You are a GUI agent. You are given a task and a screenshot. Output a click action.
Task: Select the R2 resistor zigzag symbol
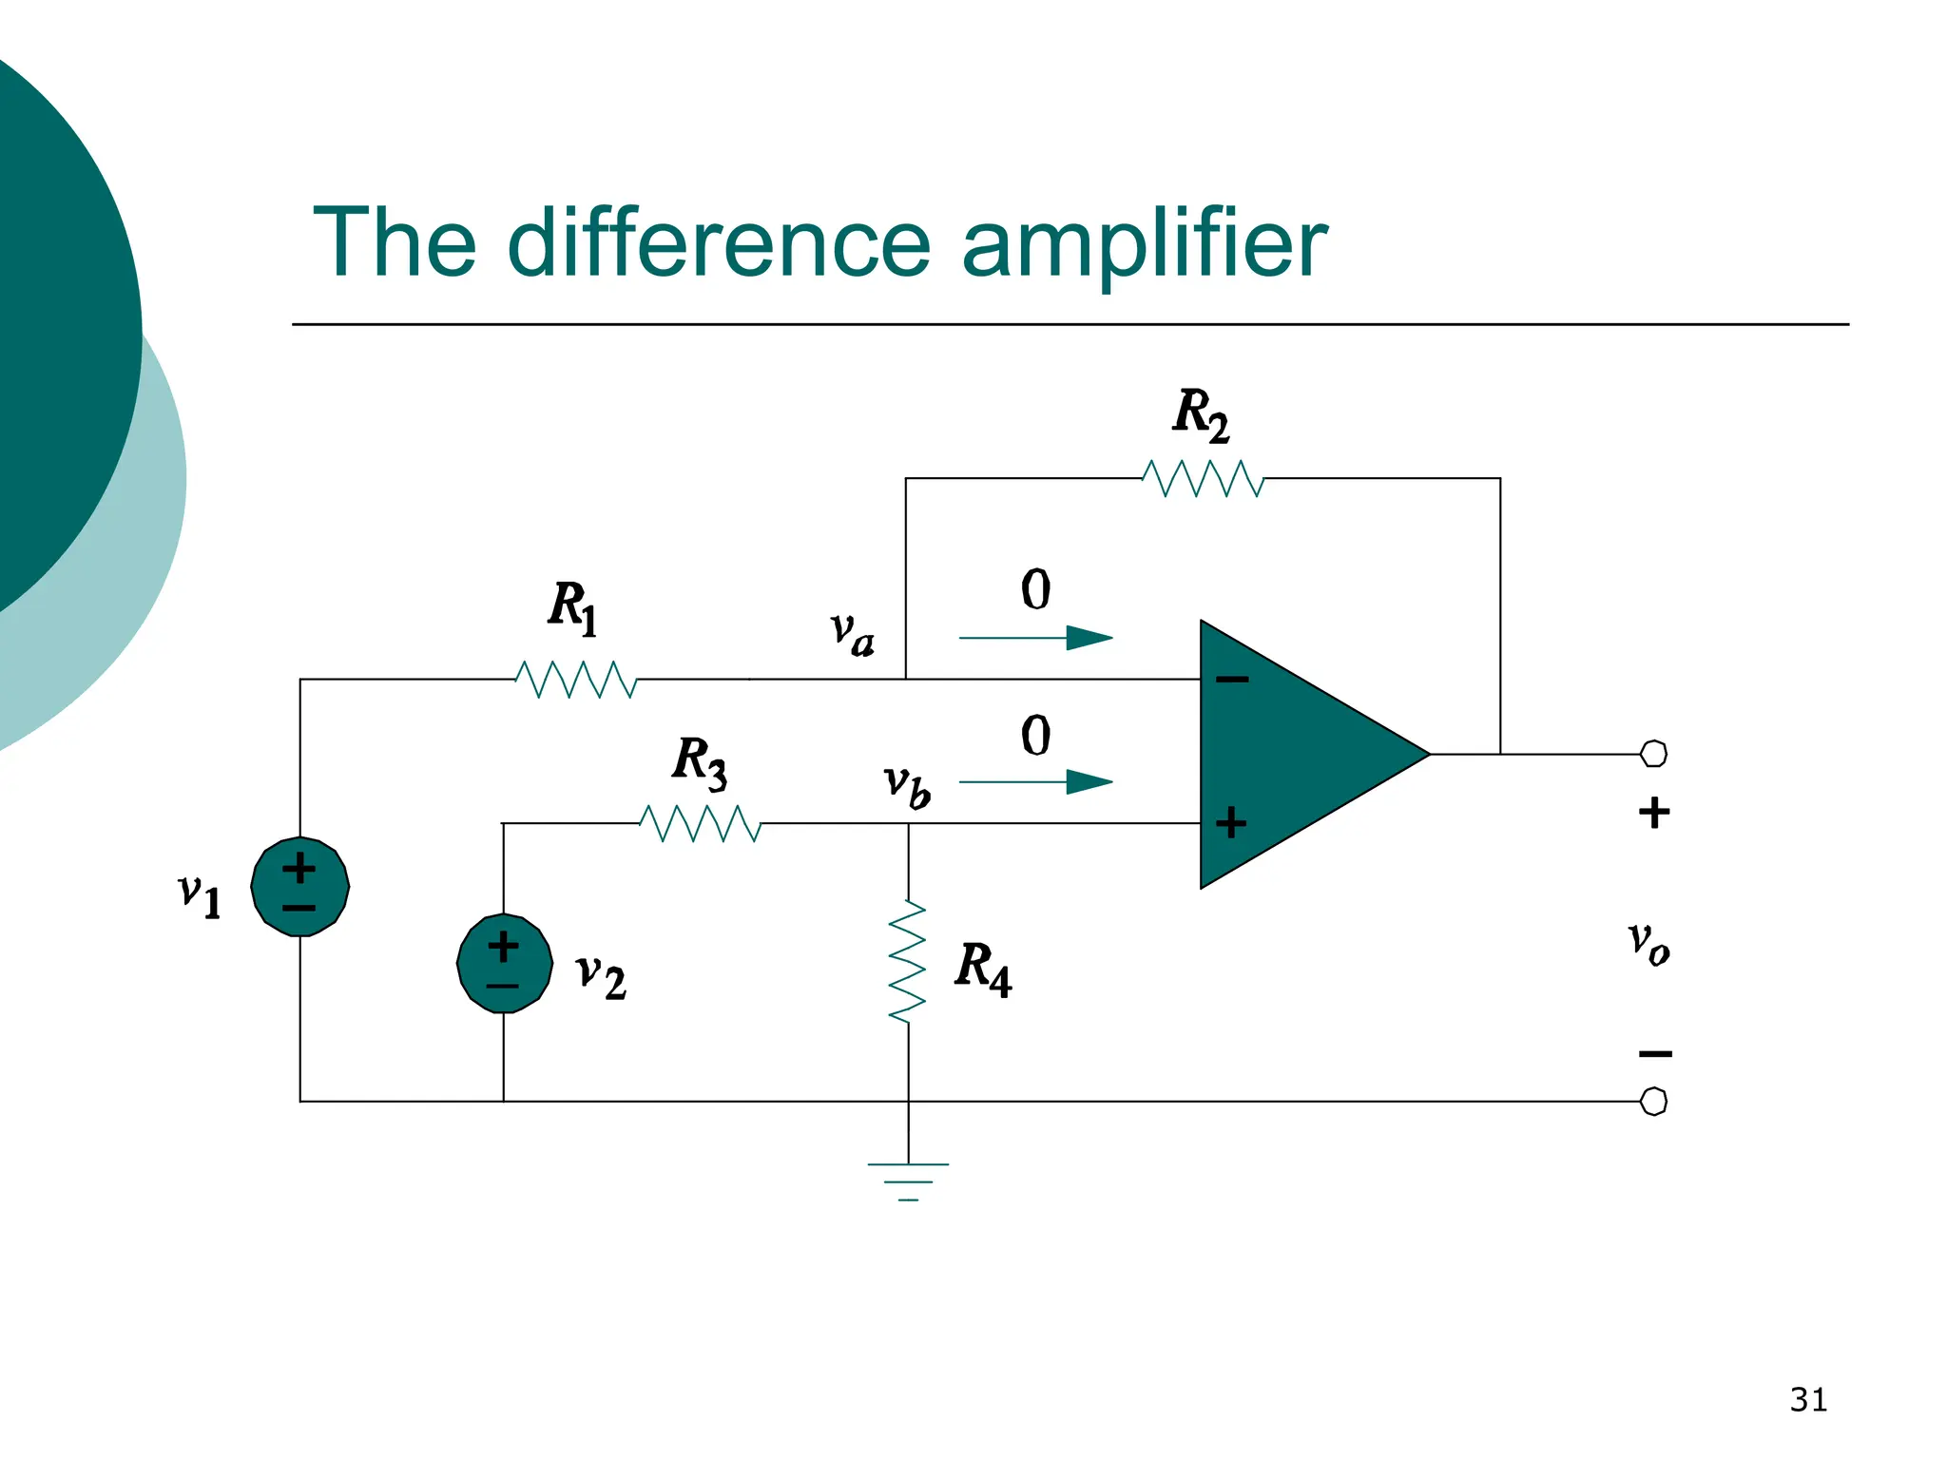1203,478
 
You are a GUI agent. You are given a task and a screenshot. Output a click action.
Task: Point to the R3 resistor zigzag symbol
701,823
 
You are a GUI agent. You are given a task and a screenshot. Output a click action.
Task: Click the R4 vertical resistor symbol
908,962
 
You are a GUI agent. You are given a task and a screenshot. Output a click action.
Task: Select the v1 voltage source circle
300,887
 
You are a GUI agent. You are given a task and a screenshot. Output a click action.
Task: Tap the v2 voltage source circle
504,964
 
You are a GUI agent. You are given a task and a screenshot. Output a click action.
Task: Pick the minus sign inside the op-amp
1232,679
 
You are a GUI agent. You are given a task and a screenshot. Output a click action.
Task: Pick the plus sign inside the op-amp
1231,822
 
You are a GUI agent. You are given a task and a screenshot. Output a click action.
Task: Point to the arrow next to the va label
1036,638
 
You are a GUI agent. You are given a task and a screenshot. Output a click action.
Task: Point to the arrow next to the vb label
1036,782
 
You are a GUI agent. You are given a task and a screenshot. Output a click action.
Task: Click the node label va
852,633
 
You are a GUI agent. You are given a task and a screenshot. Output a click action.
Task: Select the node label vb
906,785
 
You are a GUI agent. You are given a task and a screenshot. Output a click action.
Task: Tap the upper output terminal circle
1653,754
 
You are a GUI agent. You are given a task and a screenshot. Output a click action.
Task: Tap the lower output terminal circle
1653,1102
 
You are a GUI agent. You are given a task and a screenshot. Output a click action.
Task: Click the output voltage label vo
1648,943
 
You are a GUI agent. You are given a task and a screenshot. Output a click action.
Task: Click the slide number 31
1807,1400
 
